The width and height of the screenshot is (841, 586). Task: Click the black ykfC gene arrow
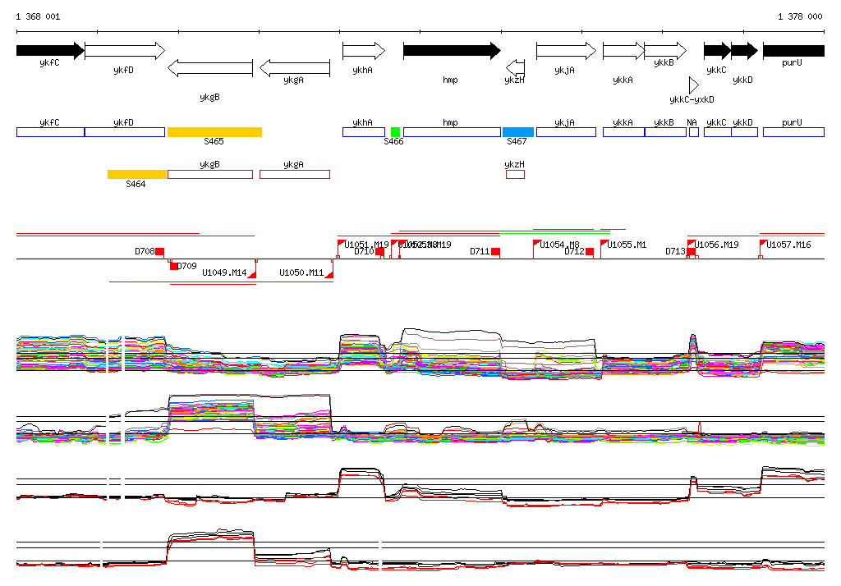pos(49,51)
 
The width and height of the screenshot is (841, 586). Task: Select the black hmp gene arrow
pos(451,51)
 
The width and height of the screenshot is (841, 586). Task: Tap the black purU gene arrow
pos(793,51)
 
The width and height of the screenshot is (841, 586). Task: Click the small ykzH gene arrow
pos(515,66)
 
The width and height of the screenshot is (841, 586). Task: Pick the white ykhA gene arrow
pos(363,51)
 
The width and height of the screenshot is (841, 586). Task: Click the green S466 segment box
pos(395,132)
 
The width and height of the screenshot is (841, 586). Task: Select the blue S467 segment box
pos(517,132)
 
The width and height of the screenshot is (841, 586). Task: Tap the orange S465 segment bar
pos(214,132)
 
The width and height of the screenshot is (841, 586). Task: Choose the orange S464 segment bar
pos(137,174)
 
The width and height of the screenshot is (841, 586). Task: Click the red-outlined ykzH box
pos(515,174)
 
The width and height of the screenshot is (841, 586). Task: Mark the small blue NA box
pos(693,132)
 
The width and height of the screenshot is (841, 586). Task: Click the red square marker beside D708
pos(160,251)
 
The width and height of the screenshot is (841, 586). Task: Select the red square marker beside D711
pos(495,251)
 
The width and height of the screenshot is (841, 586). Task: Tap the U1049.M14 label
pos(223,272)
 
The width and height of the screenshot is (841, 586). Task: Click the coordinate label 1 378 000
pos(799,16)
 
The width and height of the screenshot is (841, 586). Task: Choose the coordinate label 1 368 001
pos(38,16)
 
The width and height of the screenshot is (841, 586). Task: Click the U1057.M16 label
pos(788,245)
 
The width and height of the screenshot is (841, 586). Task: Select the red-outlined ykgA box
pos(295,174)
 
